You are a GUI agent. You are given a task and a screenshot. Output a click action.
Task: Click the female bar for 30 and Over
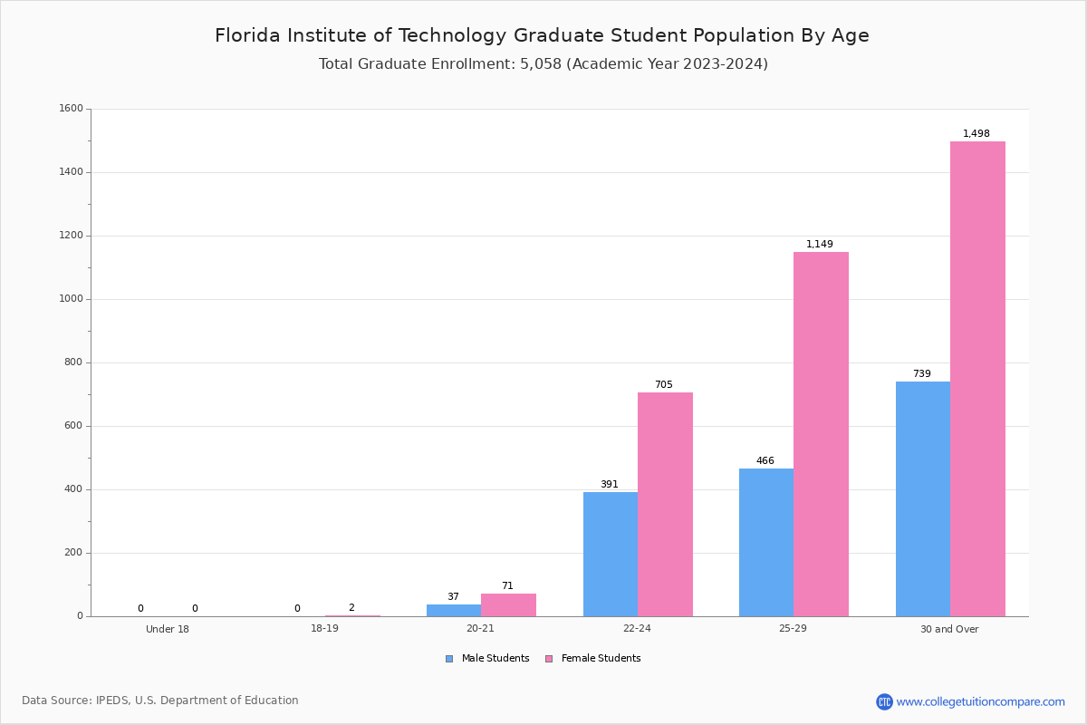977,379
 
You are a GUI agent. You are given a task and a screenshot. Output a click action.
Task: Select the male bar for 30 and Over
922,498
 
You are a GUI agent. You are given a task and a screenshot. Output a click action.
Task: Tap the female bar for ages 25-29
821,434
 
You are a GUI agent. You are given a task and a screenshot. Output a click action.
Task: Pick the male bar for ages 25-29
765,542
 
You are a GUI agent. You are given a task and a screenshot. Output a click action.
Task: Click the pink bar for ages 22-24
665,504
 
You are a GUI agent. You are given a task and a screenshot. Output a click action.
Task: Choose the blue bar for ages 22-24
610,554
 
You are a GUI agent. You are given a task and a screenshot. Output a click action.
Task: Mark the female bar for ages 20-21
508,605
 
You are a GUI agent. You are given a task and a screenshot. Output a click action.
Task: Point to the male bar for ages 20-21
453,611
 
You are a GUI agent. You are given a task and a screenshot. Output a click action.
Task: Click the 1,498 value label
976,134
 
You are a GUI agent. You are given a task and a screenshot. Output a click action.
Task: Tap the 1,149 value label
819,245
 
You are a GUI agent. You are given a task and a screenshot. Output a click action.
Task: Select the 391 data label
609,485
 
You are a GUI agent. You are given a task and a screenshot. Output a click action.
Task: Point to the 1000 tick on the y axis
71,299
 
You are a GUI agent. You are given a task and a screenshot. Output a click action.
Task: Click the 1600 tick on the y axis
71,109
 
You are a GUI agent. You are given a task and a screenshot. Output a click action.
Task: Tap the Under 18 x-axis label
168,629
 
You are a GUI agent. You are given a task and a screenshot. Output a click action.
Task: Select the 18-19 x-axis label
324,629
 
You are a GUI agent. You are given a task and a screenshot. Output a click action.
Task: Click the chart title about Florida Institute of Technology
542,35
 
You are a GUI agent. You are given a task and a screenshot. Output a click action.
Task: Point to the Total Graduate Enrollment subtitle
543,64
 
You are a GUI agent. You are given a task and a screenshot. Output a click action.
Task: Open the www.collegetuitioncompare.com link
980,701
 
